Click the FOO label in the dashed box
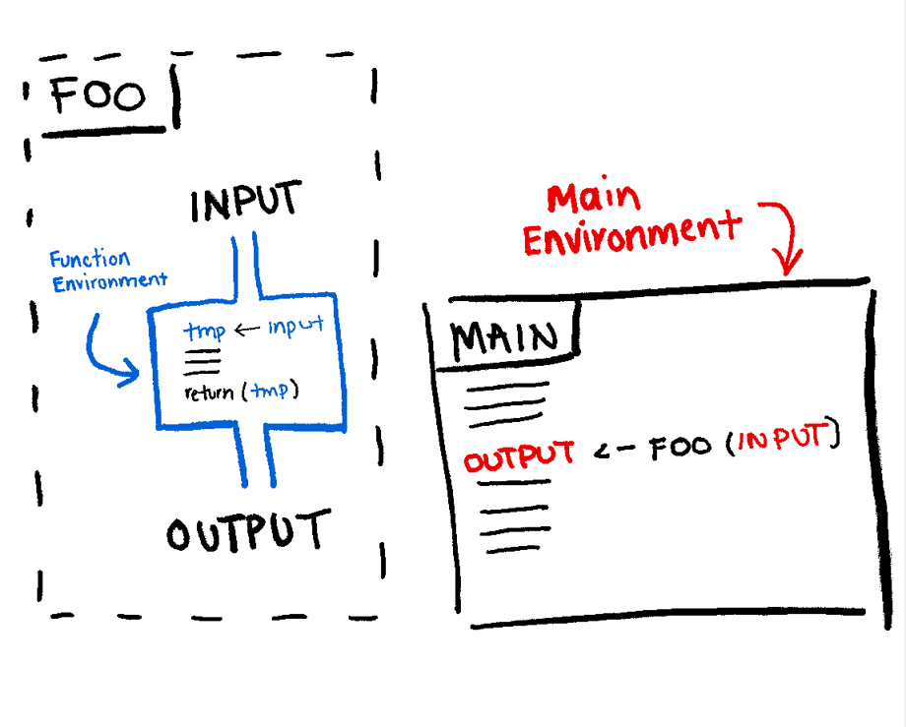pos(98,95)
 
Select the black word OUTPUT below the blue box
pos(245,532)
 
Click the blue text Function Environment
pos(107,271)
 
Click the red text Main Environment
pos(630,220)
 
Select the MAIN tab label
pos(504,339)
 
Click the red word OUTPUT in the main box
pos(519,455)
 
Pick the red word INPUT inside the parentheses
pos(782,440)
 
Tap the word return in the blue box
pos(213,393)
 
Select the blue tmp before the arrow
pos(204,332)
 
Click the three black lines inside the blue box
pos(202,360)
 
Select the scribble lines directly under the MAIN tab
pos(503,404)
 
